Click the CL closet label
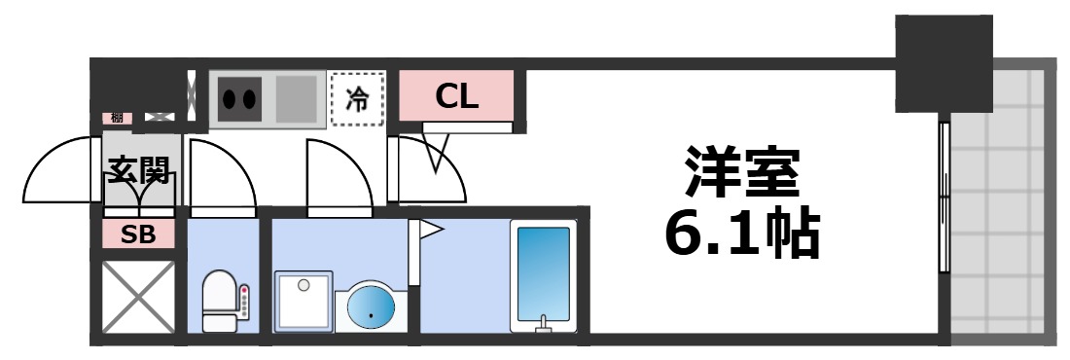456,95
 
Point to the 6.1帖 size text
742,234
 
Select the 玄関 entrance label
139,172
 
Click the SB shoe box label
139,234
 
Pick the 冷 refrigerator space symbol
358,99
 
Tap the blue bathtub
543,277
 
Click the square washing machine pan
303,303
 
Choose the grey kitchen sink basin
296,98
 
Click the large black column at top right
943,64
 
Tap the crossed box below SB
139,296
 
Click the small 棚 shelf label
117,118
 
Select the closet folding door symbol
438,156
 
